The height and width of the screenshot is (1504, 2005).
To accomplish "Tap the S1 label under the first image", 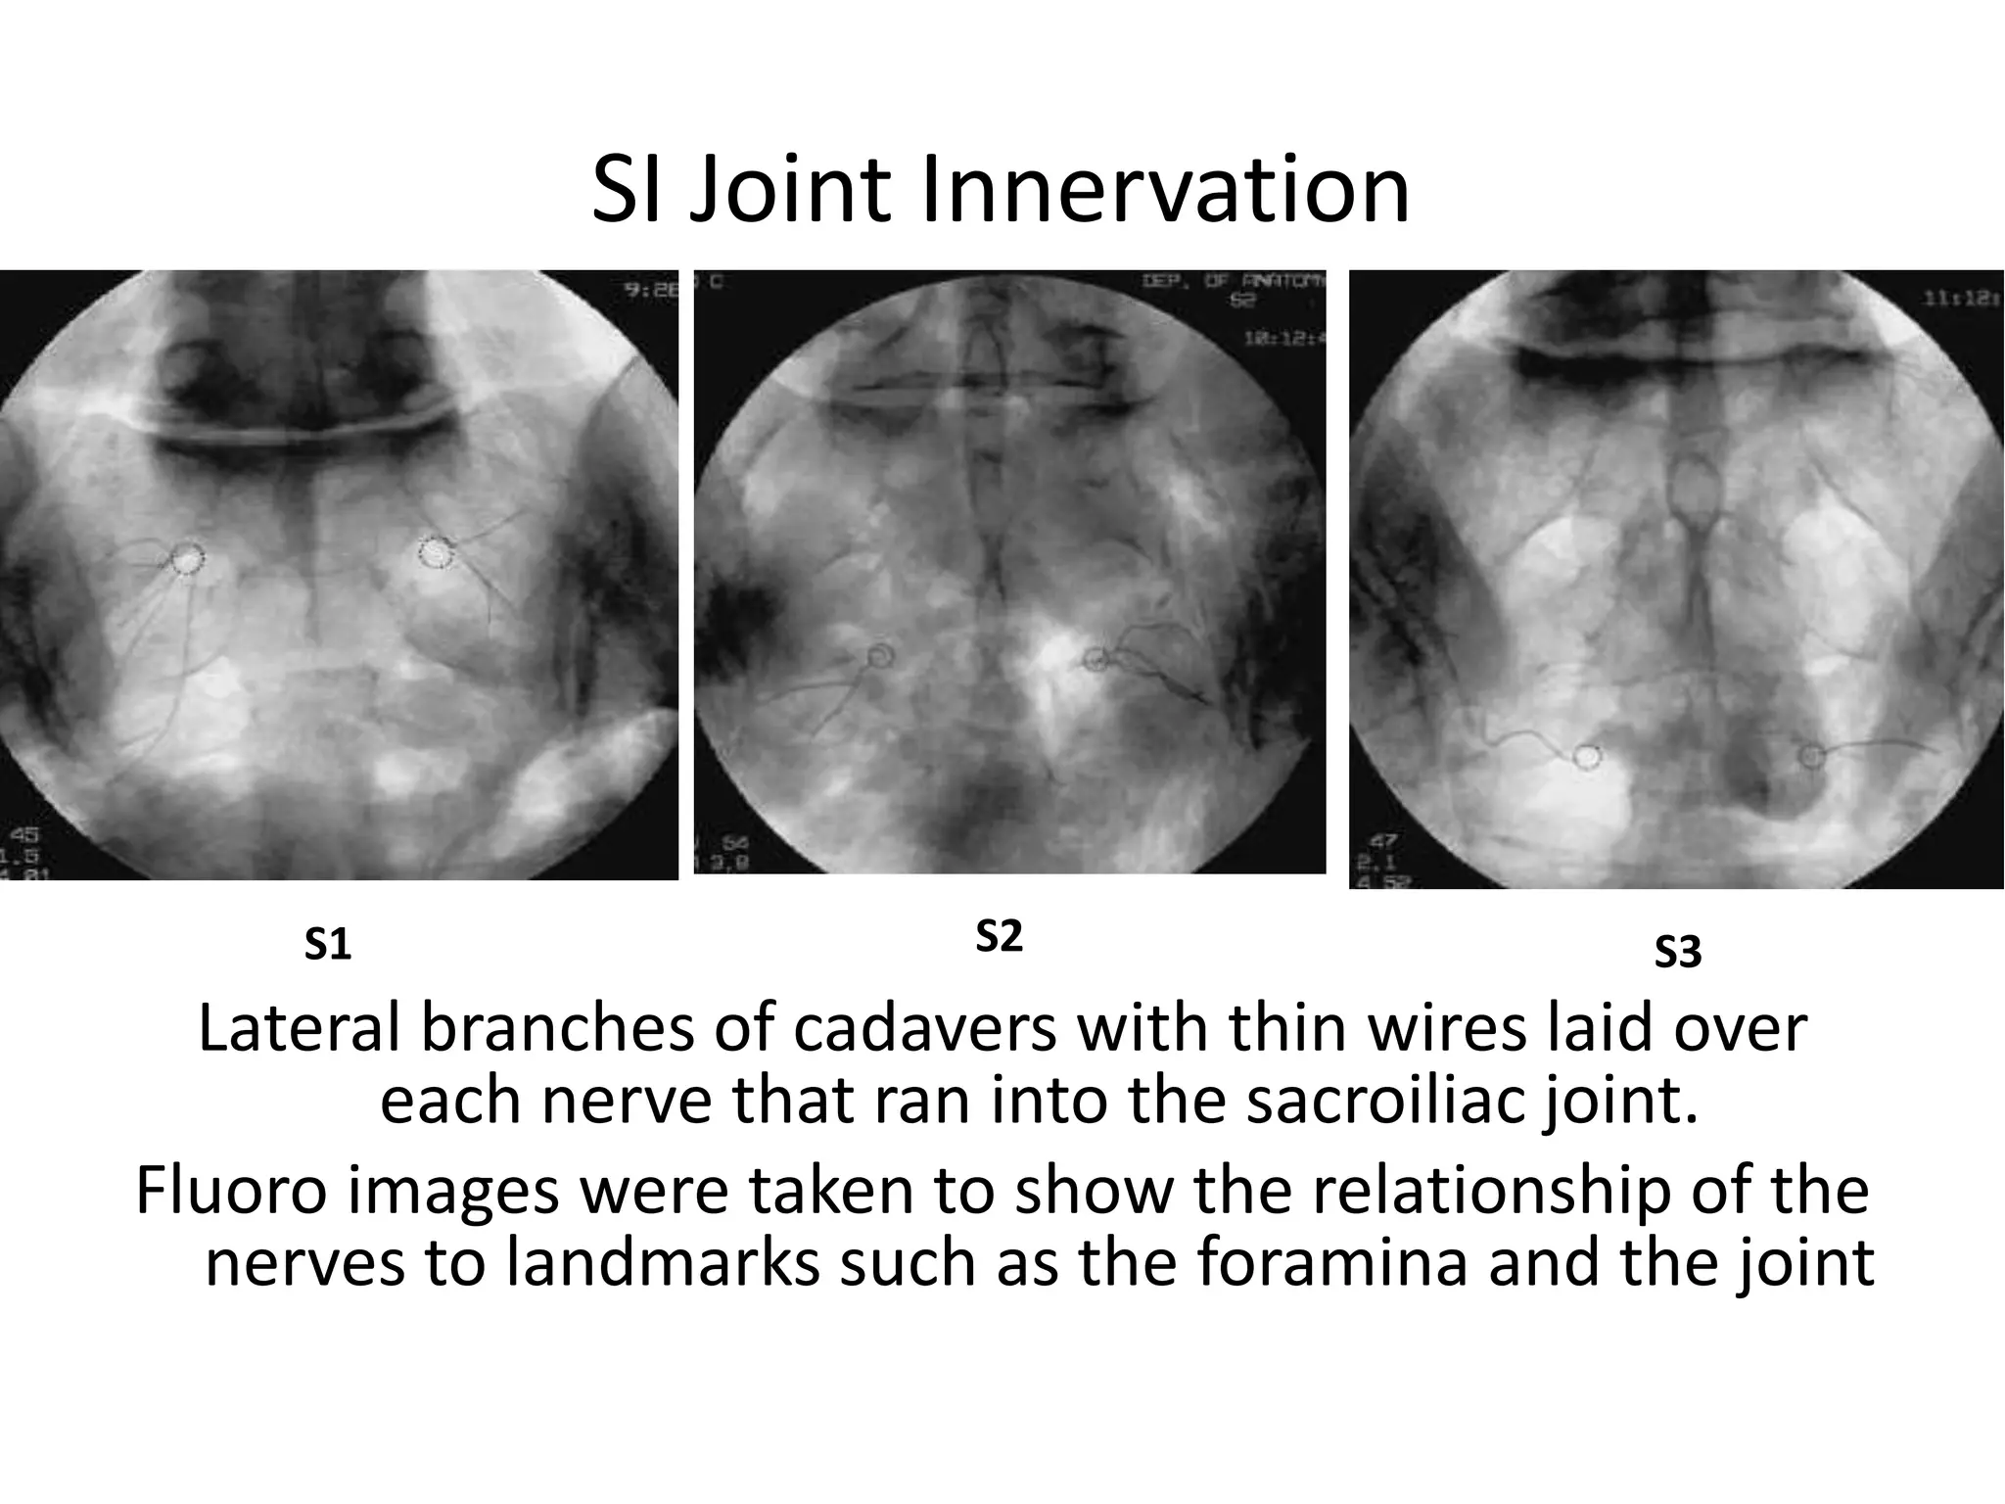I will (x=328, y=946).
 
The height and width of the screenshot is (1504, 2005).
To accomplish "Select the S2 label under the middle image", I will (x=999, y=937).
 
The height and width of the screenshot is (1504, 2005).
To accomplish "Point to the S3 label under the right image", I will (x=1678, y=953).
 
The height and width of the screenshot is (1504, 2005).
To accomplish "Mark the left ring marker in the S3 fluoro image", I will (x=1587, y=757).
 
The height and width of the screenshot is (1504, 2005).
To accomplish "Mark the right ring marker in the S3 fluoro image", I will (x=1812, y=755).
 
